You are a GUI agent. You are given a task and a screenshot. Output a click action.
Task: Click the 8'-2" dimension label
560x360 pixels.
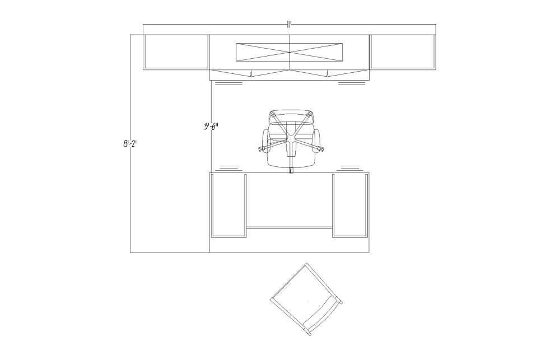click(x=130, y=144)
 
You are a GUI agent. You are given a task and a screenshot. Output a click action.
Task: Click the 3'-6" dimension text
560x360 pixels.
click(x=211, y=127)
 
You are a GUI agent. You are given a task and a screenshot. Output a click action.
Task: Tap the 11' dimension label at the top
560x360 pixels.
click(x=290, y=24)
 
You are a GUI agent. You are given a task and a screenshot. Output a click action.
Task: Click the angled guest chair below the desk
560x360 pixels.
click(x=306, y=300)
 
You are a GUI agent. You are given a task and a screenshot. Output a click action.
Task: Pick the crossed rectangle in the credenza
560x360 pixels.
click(x=289, y=52)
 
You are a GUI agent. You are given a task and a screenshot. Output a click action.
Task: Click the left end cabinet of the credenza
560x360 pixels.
click(x=176, y=52)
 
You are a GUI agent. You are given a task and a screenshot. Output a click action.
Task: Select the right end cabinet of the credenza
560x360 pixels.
click(x=403, y=52)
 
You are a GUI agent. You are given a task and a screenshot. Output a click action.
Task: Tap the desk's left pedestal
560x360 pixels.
click(x=229, y=205)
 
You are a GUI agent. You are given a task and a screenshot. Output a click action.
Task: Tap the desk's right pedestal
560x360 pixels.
click(x=350, y=205)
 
